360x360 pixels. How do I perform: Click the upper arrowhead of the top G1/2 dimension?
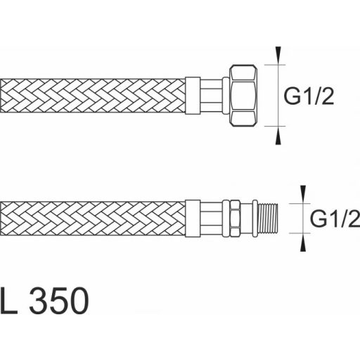coord(279,53)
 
